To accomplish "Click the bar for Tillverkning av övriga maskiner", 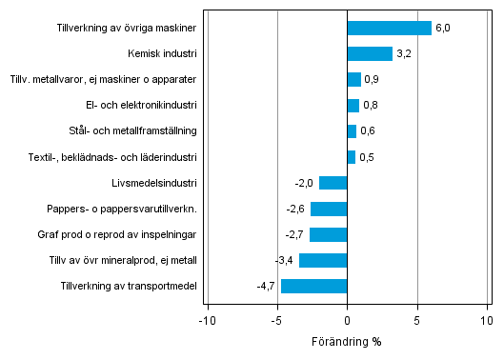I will pos(389,28).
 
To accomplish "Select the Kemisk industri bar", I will pos(370,53).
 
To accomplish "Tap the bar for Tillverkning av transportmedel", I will pos(313,286).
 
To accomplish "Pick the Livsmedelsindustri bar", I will pos(333,183).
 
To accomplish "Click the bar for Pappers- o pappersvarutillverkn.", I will pos(329,209).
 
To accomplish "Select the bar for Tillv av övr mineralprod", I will pos(323,260).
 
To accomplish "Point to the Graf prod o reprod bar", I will pos(328,234).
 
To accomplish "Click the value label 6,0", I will pos(442,29).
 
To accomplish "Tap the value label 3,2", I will pos(403,54).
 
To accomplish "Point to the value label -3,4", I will pos(285,261).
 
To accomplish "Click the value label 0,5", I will pos(366,157).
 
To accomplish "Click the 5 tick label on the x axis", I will pos(417,321).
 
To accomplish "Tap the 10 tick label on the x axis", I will pos(487,321).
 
